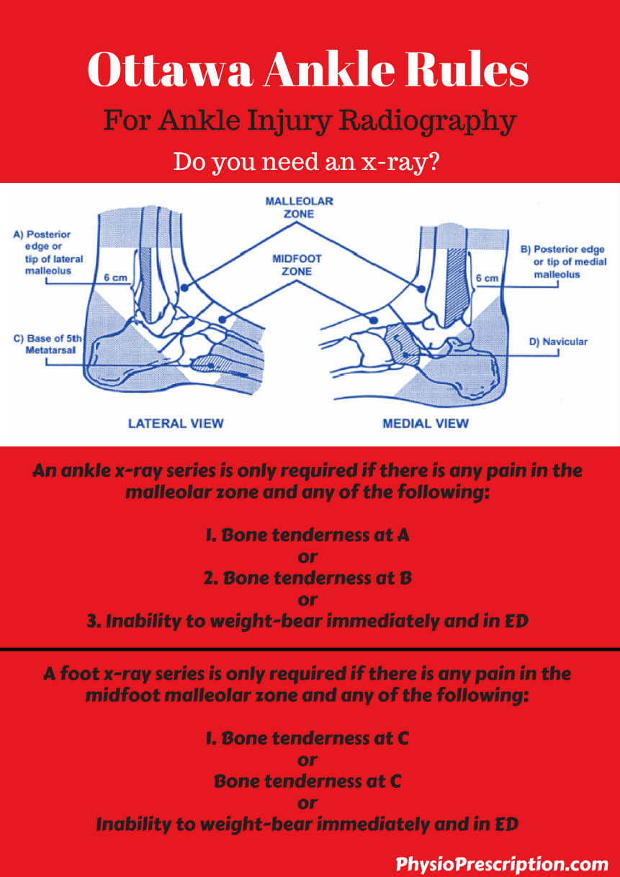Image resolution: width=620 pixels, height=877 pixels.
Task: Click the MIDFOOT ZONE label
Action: point(297,264)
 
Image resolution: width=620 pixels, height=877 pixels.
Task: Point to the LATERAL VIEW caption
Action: point(176,423)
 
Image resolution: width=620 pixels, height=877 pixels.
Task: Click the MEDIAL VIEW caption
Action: point(425,423)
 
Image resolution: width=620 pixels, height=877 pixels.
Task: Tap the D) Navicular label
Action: point(558,342)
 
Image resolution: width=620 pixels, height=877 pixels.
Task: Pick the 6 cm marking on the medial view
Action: point(487,277)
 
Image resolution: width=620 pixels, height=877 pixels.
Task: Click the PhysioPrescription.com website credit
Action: point(503,863)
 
